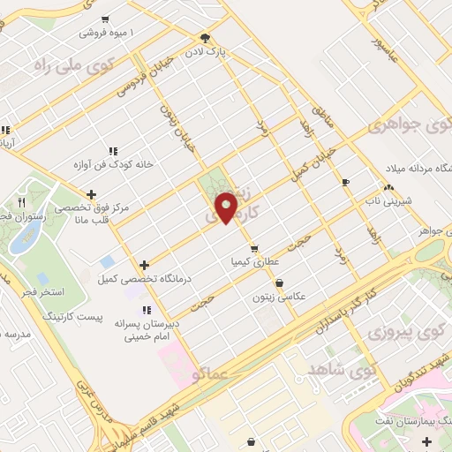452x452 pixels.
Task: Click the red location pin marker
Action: tap(227, 207)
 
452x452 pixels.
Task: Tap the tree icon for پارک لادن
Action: tap(206, 38)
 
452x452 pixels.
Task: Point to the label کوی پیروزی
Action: tap(392, 334)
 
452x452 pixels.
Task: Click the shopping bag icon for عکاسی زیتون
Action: tap(280, 283)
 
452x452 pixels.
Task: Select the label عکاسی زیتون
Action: tap(280, 298)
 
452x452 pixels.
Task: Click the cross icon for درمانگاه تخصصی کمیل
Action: tap(145, 264)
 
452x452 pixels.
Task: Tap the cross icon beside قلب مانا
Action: tap(91, 194)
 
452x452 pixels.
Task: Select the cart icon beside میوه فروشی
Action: tap(106, 19)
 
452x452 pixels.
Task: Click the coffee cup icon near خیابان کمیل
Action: tap(345, 182)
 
